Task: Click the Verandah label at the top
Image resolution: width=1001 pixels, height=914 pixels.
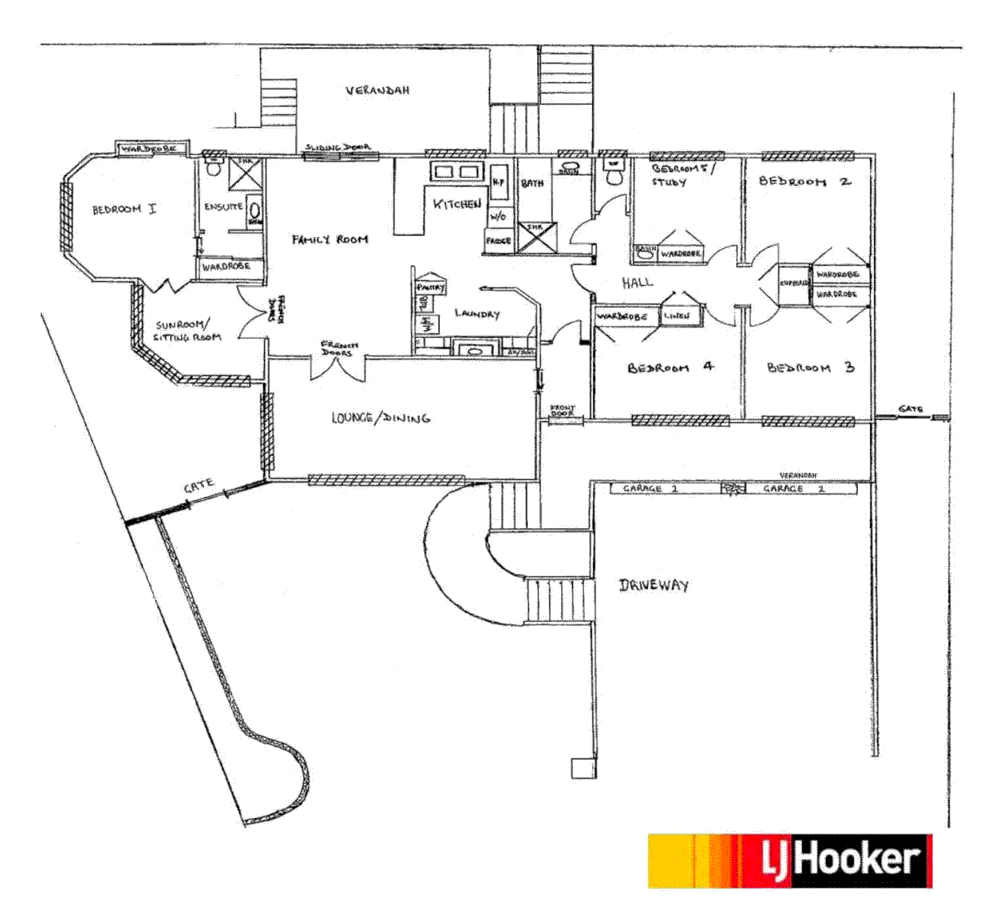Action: [x=377, y=91]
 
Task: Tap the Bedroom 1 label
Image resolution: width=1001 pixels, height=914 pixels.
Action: [x=124, y=208]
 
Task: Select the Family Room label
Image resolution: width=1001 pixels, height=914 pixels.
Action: [x=330, y=240]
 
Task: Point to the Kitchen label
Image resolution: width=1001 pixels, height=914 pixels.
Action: [x=457, y=204]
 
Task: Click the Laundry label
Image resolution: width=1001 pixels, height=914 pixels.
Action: [x=477, y=314]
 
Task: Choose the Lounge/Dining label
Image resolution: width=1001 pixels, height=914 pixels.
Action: [x=381, y=417]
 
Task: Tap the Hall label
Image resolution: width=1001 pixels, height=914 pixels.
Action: [x=637, y=283]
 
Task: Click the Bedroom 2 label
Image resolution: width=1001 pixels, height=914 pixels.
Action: [x=805, y=181]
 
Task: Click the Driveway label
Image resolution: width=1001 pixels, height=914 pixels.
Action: [x=653, y=585]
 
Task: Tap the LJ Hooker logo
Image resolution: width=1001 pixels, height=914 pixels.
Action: [x=790, y=861]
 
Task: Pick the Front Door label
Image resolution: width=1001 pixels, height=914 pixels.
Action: [x=563, y=411]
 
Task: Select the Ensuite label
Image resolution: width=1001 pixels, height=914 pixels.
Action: [x=224, y=206]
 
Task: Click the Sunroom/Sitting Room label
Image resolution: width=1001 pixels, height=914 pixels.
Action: [x=188, y=331]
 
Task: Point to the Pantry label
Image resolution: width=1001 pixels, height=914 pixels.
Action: [x=431, y=288]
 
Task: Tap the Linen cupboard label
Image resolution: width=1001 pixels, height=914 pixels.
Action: [x=677, y=316]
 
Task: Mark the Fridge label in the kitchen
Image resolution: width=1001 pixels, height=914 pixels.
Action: [x=498, y=241]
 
